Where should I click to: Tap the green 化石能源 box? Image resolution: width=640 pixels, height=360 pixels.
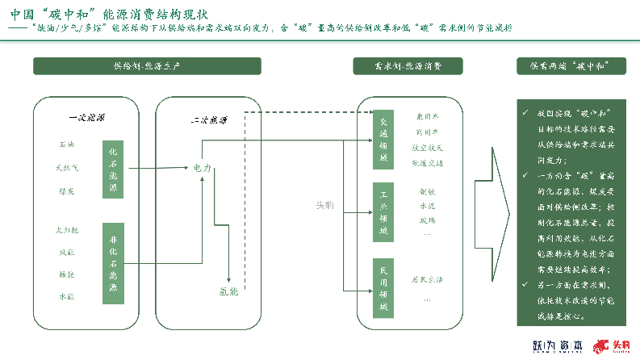pos(113,168)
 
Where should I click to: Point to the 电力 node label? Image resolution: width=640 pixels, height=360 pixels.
pos(202,168)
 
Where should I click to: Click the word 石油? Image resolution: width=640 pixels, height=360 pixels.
pos(66,144)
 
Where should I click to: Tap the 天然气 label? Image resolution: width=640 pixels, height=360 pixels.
pos(66,168)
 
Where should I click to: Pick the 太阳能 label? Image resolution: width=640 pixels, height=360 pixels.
pos(66,229)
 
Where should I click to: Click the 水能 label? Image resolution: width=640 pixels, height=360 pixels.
pos(66,297)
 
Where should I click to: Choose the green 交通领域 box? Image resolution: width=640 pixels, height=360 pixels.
pos(384,138)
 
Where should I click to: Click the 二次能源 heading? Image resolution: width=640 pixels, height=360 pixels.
pos(208,120)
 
